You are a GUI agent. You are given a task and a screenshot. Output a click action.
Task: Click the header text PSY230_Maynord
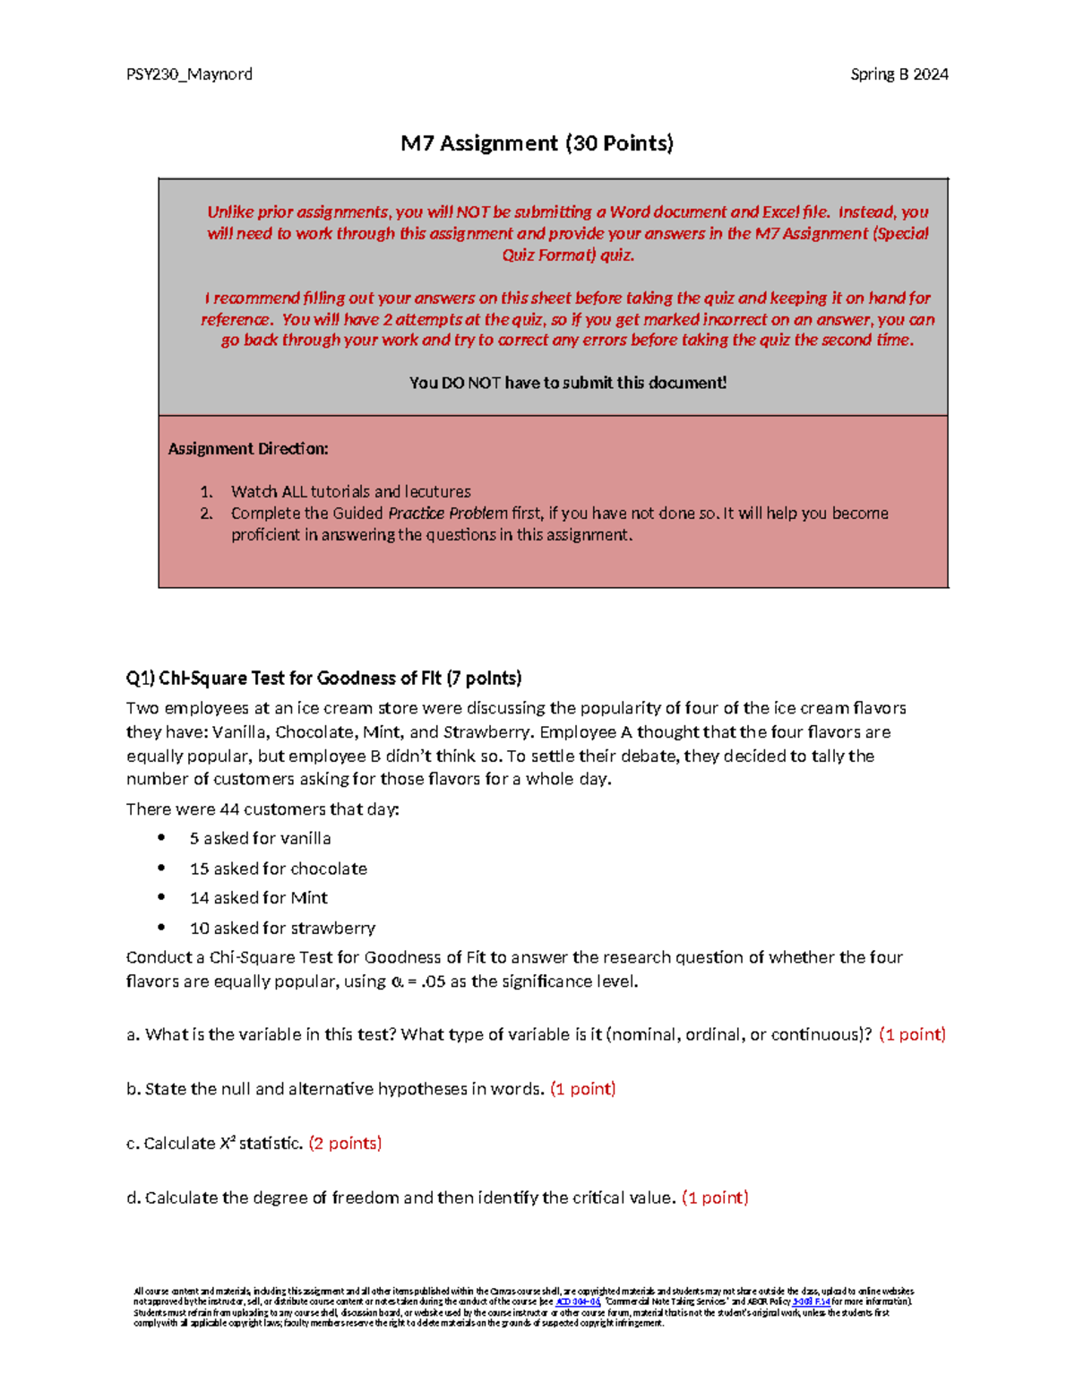(189, 74)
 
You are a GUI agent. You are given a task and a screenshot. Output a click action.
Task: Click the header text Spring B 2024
(899, 74)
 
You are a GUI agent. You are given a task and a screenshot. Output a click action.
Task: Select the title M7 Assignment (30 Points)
(537, 143)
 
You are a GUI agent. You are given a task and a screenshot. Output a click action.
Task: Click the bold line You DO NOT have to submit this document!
(567, 383)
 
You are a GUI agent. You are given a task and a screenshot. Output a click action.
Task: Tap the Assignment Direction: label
(248, 448)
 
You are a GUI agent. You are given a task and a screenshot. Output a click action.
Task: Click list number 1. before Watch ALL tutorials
(206, 492)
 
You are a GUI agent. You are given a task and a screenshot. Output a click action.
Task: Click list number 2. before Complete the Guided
(206, 514)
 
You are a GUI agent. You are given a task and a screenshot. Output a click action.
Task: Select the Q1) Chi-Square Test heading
(323, 678)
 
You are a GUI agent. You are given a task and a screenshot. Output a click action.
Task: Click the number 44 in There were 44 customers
(229, 809)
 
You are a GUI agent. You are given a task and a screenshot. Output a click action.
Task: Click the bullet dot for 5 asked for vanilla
(161, 838)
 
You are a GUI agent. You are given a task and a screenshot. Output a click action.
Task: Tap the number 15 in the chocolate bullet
(199, 869)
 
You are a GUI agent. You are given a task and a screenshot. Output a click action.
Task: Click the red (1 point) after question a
(912, 1034)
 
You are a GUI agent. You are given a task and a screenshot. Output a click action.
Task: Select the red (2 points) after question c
(345, 1143)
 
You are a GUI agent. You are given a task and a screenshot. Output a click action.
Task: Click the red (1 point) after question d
(715, 1197)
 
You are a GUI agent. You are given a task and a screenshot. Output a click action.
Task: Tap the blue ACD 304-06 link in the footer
(578, 1301)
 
